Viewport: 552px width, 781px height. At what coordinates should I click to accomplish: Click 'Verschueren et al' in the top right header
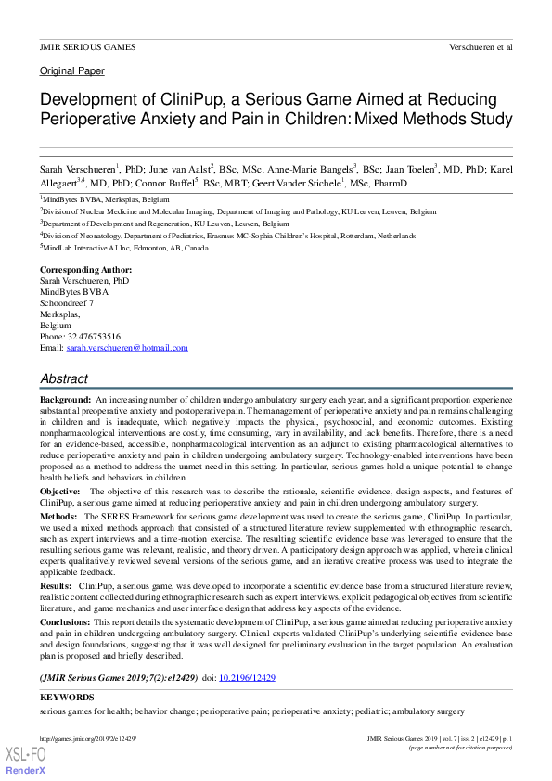click(x=480, y=46)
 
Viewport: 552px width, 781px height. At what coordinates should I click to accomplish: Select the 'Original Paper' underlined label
click(x=71, y=70)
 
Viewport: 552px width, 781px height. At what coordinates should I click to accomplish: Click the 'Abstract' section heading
click(x=64, y=378)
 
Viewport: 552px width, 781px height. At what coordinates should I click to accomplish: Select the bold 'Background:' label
click(x=65, y=398)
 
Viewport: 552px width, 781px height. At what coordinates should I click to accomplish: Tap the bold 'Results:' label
click(x=56, y=587)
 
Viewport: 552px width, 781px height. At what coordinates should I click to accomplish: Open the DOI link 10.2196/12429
click(x=247, y=678)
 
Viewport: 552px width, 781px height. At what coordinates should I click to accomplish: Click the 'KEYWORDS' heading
click(x=67, y=697)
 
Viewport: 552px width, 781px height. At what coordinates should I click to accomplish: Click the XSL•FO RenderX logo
click(x=26, y=762)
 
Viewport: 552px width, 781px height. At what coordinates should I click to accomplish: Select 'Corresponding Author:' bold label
click(x=82, y=269)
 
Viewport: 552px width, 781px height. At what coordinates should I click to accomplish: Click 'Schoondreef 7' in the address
click(x=66, y=302)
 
